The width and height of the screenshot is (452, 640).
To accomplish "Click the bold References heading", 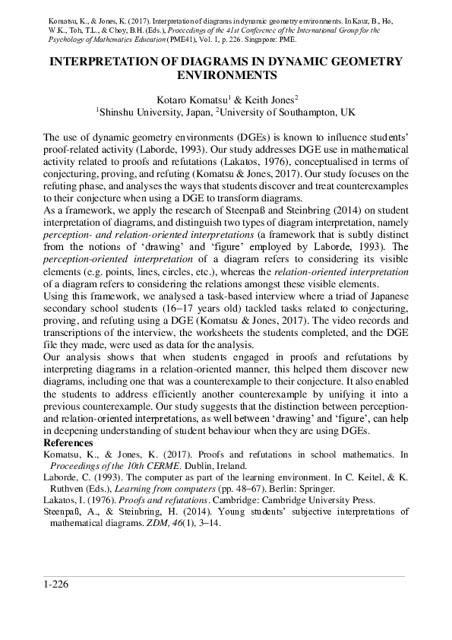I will [x=68, y=442].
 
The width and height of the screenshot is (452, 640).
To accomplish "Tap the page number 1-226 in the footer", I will [x=57, y=584].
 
